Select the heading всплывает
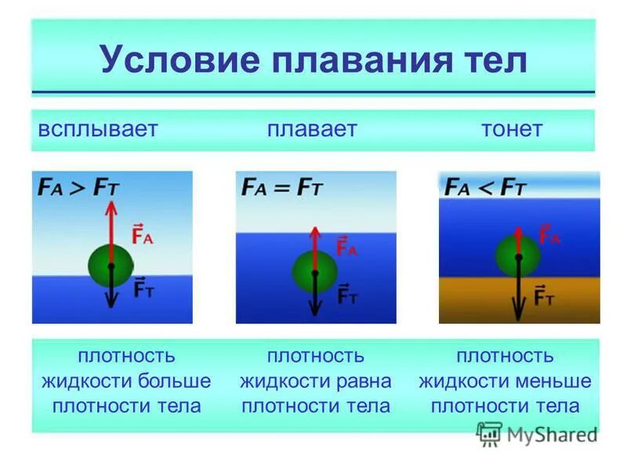coord(98,129)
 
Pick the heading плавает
coord(312,129)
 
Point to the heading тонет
coord(512,129)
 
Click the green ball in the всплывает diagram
coord(111,265)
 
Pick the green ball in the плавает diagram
coord(315,272)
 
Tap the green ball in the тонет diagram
coord(518,255)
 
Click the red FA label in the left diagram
coord(142,235)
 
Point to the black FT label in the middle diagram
coord(347,296)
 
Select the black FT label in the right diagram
coord(545,297)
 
